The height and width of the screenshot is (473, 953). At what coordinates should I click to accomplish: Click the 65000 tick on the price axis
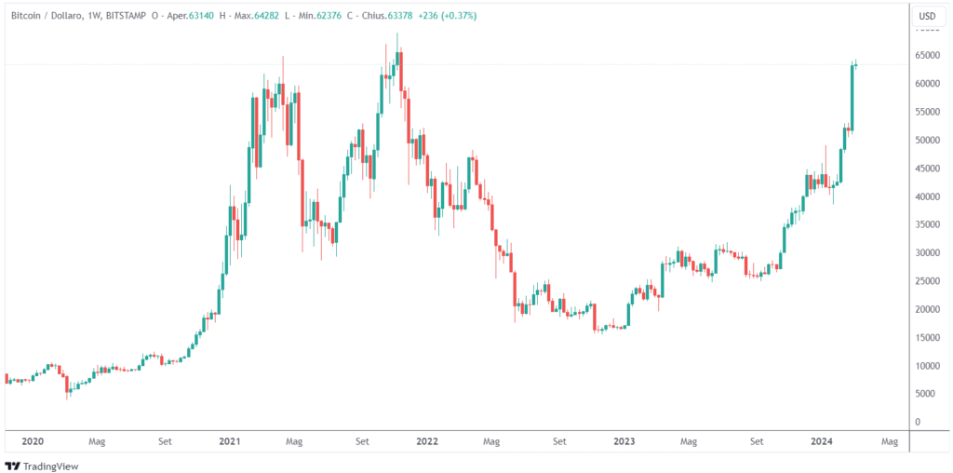927,56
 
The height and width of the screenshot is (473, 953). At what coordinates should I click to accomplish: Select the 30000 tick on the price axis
927,253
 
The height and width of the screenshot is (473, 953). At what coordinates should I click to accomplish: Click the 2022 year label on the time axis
427,442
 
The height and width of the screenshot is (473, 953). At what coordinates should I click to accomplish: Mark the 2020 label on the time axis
33,442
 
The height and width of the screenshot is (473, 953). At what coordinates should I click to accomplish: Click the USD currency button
927,16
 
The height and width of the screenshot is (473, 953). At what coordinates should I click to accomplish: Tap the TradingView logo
42,466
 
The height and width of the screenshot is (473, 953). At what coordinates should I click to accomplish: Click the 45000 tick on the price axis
927,169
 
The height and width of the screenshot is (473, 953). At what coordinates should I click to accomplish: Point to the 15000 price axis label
927,338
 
